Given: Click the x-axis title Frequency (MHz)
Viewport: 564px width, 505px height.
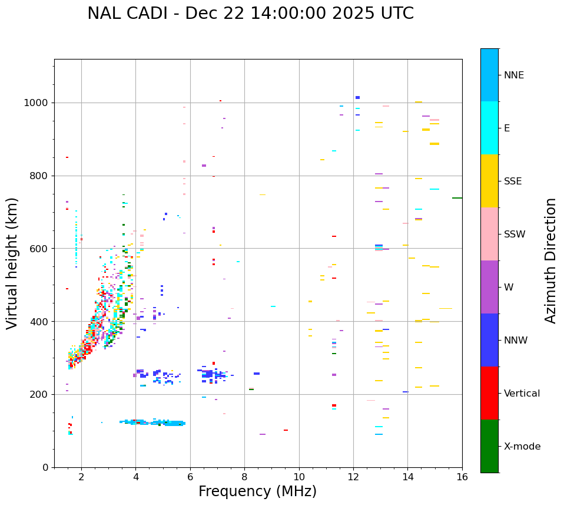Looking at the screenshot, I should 257,491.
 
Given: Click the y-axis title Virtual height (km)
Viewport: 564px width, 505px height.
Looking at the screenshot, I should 12,263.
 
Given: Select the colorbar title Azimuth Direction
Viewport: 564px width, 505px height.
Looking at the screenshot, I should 551,260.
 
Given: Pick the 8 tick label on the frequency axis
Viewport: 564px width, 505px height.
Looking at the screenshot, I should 244,476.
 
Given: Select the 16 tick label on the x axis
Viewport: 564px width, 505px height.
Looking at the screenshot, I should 462,476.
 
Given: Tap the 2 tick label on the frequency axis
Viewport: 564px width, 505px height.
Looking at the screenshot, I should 81,476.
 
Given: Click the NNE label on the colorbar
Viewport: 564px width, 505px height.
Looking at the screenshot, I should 513,75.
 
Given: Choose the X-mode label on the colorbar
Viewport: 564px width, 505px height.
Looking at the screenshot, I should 522,447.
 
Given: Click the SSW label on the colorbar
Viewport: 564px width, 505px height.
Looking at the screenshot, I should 515,235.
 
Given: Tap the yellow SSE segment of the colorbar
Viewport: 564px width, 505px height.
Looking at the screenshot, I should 489,181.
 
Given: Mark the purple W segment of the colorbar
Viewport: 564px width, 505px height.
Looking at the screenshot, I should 489,287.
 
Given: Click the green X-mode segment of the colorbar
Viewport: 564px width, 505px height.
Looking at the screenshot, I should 489,446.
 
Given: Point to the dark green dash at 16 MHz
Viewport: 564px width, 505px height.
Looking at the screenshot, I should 457,198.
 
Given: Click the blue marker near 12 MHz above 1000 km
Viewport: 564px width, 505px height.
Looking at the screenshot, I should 357,97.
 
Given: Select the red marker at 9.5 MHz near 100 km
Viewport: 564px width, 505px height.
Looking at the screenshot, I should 286,430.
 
